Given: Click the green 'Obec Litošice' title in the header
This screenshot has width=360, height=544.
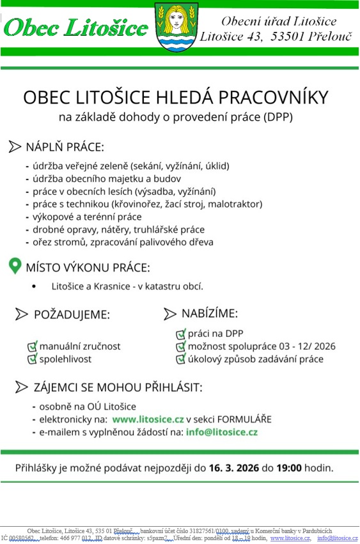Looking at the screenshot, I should (76, 27).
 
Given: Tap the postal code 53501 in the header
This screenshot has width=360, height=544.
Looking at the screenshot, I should (288, 37).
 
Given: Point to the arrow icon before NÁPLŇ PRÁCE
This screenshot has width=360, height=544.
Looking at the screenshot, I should (15, 147).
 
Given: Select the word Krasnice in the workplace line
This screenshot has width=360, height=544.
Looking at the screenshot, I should (118, 286).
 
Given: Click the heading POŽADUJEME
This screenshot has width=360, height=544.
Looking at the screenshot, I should (71, 315).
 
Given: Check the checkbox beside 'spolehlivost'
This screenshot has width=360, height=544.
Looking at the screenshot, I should (32, 359).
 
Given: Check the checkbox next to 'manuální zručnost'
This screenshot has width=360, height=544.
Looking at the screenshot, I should (32, 346).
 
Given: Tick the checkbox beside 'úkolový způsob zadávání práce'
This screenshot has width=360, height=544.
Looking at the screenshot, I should (180, 359).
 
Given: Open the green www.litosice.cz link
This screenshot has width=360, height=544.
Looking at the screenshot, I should (148, 419).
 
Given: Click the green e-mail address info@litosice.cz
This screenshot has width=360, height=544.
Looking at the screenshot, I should (221, 432).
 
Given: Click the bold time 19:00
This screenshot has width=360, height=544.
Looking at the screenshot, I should (289, 468).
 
